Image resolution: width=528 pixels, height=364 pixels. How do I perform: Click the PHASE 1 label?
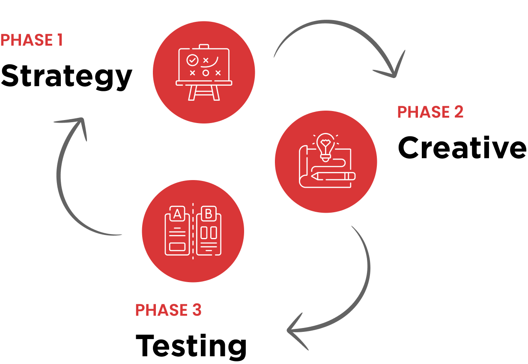tap(32, 40)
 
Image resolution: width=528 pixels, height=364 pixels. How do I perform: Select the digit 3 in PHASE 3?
tap(196, 310)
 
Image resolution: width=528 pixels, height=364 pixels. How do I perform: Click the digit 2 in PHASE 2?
tap(458, 112)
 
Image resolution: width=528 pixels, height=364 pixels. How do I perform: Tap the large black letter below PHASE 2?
tap(407, 148)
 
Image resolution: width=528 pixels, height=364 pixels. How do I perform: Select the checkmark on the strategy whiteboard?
tap(192, 60)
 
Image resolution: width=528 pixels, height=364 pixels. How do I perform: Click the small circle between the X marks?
tap(206, 73)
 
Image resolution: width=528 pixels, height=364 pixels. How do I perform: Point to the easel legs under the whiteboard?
tap(204, 92)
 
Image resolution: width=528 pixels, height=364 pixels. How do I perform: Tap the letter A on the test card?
tap(177, 213)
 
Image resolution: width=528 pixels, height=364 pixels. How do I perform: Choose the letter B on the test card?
tap(209, 213)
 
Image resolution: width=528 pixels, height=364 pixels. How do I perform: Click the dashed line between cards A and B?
tap(193, 232)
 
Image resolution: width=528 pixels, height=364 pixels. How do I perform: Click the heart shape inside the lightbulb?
tap(326, 141)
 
